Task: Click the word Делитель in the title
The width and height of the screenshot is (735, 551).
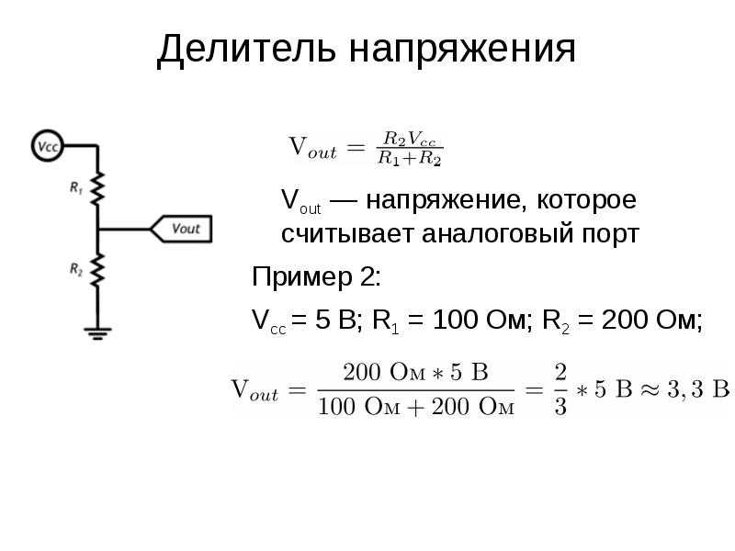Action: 246,49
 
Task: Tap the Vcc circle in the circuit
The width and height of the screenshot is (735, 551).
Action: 48,146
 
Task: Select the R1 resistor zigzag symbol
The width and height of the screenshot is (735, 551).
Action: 97,188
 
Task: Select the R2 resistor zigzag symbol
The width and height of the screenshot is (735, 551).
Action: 97,270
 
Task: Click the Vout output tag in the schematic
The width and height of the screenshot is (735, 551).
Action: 181,229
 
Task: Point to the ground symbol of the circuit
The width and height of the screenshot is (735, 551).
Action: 97,333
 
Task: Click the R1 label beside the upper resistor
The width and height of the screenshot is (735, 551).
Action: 76,188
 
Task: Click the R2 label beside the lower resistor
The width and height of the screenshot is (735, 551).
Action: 76,269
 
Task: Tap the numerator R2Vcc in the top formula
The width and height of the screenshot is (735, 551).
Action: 409,140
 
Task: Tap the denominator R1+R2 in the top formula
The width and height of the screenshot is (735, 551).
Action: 409,158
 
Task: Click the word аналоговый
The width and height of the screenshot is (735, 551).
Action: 497,234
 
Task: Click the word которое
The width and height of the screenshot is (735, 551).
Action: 586,201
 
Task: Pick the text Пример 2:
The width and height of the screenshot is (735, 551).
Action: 316,278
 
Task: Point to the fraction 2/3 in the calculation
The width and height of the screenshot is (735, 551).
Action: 560,389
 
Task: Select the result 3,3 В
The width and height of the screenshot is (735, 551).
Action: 698,389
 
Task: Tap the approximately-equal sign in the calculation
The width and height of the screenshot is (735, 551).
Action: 650,389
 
